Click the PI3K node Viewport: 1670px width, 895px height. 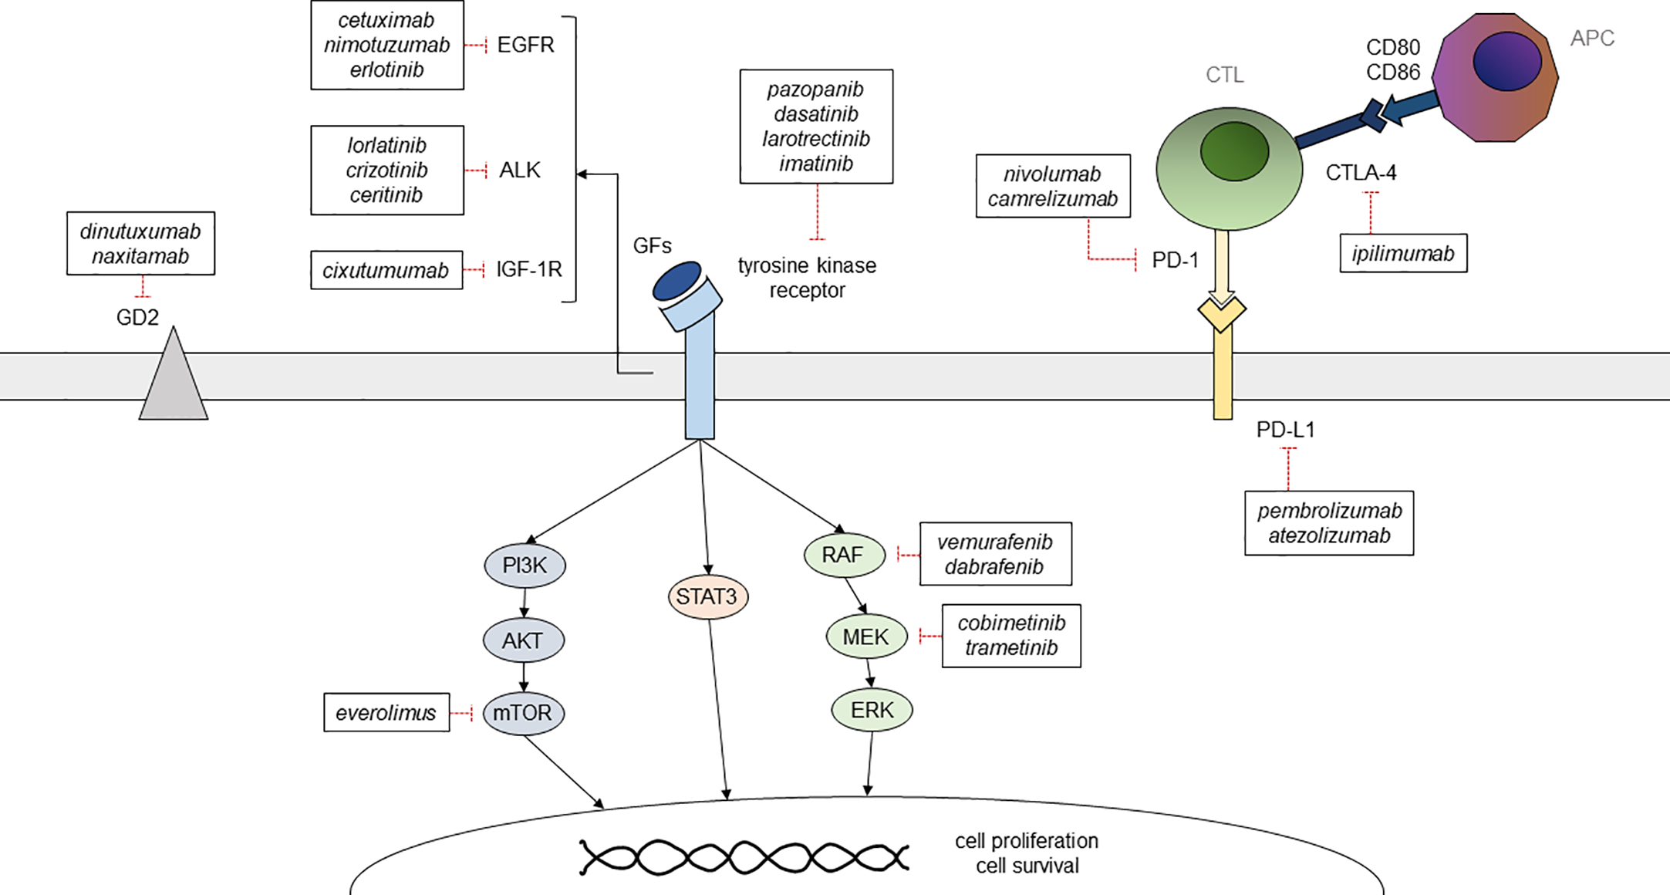(x=525, y=566)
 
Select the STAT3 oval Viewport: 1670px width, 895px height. (x=707, y=596)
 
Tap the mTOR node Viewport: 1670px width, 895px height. (x=523, y=712)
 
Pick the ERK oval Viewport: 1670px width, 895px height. (x=872, y=710)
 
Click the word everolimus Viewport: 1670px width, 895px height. (x=386, y=713)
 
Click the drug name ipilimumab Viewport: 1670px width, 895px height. (x=1403, y=253)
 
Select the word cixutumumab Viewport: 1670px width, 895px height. (x=386, y=270)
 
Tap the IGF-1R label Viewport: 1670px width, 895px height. (x=529, y=269)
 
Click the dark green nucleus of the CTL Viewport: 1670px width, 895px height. (x=1234, y=151)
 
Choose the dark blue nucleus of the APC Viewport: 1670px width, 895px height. (x=1506, y=62)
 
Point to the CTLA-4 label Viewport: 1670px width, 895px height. (x=1361, y=173)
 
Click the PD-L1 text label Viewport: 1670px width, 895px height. (x=1285, y=430)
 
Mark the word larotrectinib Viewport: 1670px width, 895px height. (x=816, y=139)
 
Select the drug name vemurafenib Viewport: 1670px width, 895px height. (x=995, y=542)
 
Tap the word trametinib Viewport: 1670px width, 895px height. (x=1011, y=648)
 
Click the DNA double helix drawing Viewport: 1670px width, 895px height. (x=744, y=857)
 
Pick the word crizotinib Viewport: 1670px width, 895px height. (x=386, y=170)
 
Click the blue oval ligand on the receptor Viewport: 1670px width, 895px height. (x=676, y=281)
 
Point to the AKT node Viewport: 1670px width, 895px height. (x=523, y=640)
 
